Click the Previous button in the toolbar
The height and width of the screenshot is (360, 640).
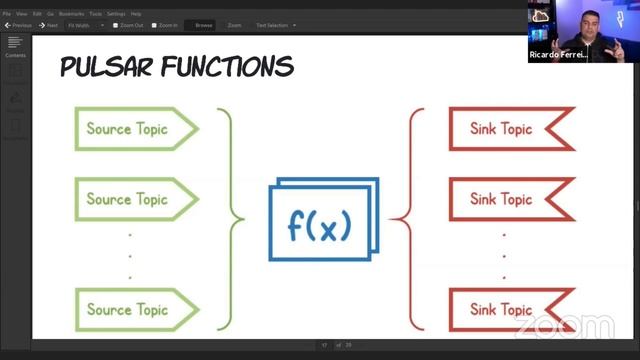coord(19,25)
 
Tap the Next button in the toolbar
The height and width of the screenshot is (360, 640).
coord(49,25)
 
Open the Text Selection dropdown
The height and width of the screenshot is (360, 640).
coord(275,25)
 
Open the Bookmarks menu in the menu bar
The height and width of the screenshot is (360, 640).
coord(71,14)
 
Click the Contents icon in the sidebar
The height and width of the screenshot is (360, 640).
coord(15,45)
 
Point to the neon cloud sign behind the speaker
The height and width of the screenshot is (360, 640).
coord(541,16)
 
